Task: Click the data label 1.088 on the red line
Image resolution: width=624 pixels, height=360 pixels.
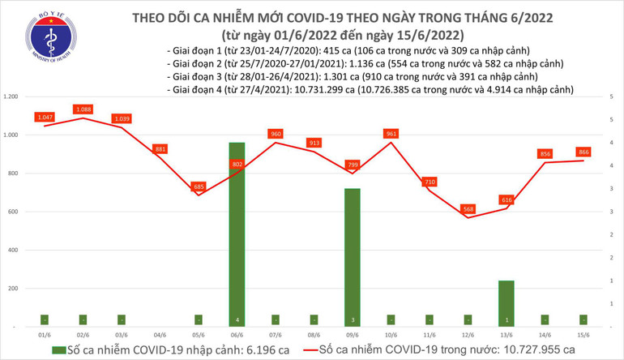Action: pos(83,109)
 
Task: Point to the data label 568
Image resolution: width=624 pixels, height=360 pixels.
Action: pos(468,208)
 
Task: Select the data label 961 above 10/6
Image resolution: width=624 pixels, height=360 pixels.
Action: pos(391,134)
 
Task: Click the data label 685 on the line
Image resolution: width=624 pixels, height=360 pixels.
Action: pos(199,186)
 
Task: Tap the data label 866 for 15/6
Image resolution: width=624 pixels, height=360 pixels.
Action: pos(583,152)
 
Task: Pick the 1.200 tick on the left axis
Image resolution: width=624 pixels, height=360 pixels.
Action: pos(11,96)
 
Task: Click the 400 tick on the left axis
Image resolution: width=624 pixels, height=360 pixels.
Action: pos(14,250)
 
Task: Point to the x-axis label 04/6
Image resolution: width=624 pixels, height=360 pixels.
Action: pos(160,334)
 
